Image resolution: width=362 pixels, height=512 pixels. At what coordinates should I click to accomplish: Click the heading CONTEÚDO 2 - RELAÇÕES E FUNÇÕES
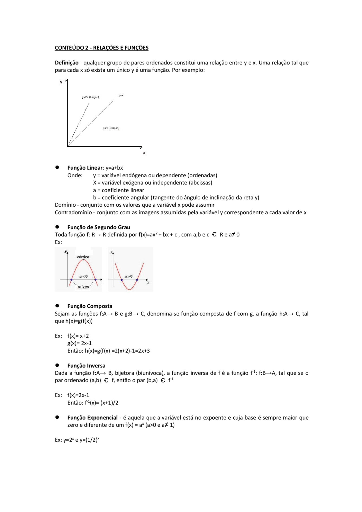(x=102, y=48)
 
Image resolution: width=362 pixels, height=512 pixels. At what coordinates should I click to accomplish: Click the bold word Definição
(x=66, y=63)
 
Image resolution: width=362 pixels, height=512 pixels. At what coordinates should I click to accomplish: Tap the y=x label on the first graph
(x=121, y=96)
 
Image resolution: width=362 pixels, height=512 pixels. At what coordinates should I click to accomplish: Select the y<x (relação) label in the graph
(x=111, y=128)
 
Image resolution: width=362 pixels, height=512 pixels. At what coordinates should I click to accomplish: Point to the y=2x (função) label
(x=90, y=97)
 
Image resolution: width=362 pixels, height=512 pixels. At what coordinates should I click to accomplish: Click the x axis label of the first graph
(x=144, y=153)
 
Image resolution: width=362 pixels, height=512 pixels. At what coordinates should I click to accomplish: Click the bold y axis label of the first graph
(x=61, y=82)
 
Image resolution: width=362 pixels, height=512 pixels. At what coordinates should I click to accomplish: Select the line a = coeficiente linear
(x=118, y=190)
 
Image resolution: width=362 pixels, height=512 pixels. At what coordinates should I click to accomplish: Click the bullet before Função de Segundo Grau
(x=57, y=227)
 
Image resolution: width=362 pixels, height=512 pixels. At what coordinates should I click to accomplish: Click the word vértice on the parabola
(x=83, y=257)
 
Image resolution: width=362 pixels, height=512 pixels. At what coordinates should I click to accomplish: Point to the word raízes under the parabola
(x=83, y=287)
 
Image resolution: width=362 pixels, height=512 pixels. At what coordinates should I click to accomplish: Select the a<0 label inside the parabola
(x=83, y=276)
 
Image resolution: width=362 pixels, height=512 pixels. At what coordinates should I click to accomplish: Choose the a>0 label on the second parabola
(x=128, y=276)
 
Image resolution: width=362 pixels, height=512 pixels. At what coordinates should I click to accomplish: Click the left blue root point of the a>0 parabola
(x=122, y=280)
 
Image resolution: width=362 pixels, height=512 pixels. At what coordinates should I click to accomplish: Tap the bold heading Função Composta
(x=90, y=306)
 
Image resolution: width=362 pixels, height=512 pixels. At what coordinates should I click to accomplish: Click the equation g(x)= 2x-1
(x=79, y=344)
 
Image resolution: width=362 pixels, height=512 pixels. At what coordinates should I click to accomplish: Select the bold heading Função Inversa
(x=86, y=366)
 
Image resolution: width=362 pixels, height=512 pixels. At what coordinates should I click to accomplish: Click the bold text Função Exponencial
(x=92, y=418)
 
